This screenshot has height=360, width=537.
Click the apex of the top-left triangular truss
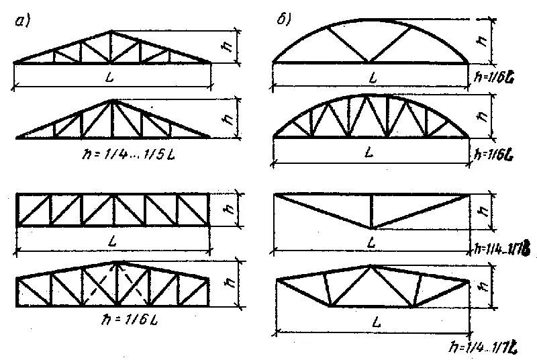point(113,31)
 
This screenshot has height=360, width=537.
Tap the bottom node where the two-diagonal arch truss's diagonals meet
point(370,62)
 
